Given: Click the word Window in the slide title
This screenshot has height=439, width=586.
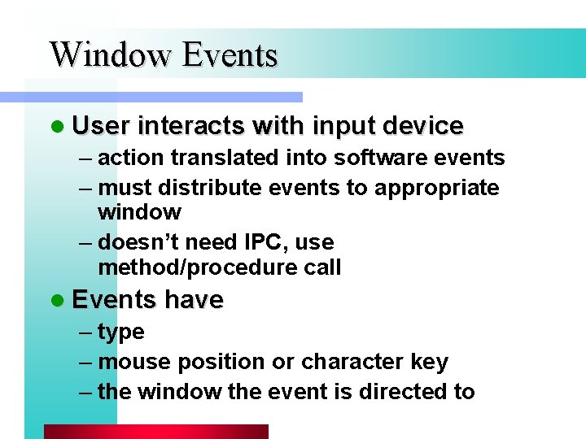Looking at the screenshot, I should click(x=112, y=55).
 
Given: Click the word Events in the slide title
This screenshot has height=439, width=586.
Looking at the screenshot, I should click(x=230, y=55).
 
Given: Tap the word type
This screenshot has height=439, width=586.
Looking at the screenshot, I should click(x=120, y=333).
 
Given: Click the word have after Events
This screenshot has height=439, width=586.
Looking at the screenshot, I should click(x=194, y=300).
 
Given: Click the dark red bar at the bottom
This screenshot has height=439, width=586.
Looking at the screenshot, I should click(x=155, y=432).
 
